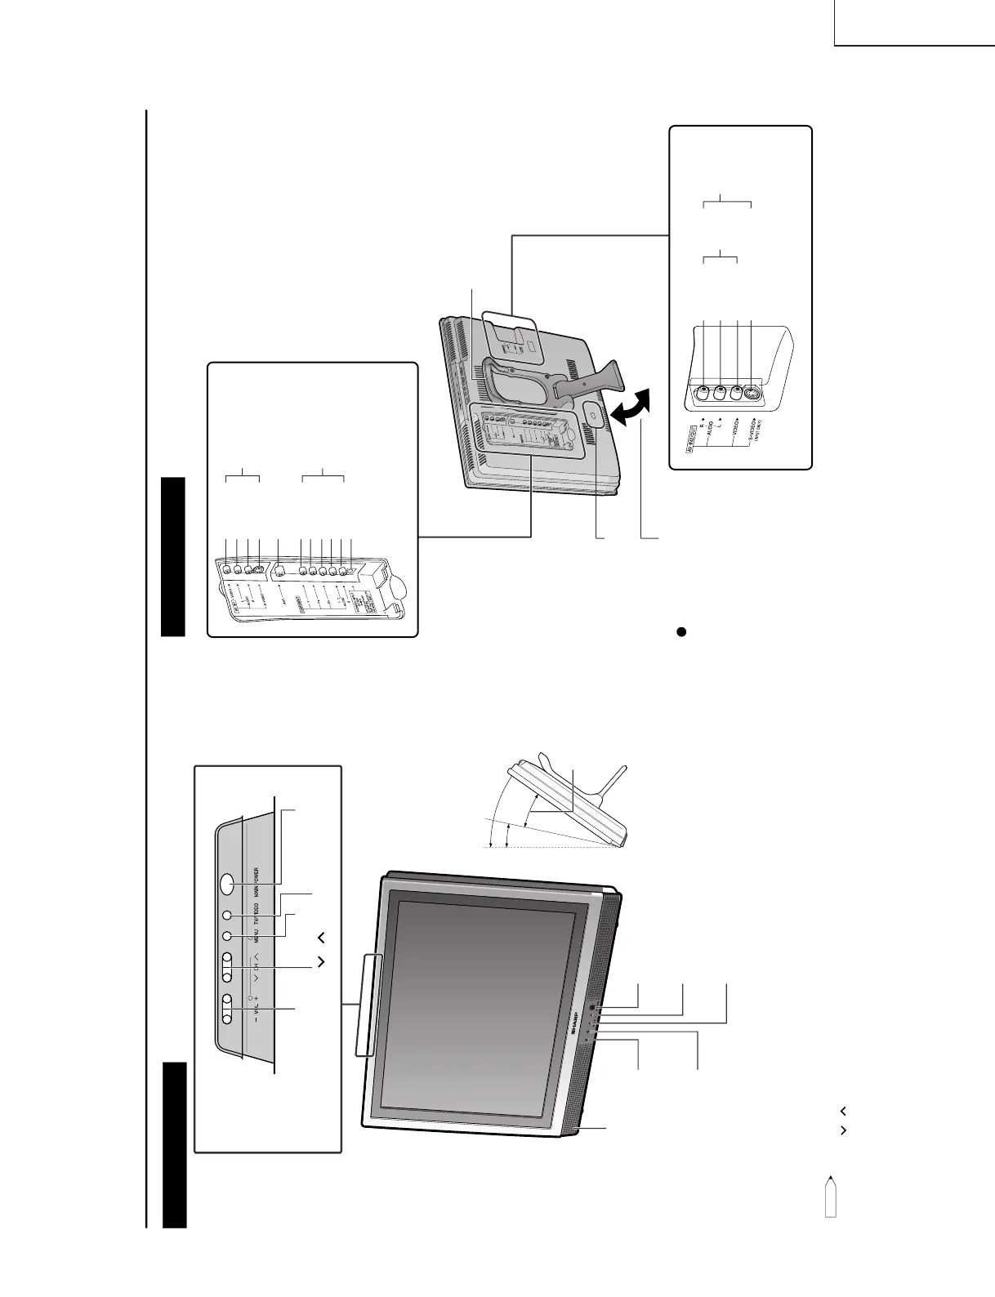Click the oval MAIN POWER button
[x=227, y=885]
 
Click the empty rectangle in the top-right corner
[x=914, y=22]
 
